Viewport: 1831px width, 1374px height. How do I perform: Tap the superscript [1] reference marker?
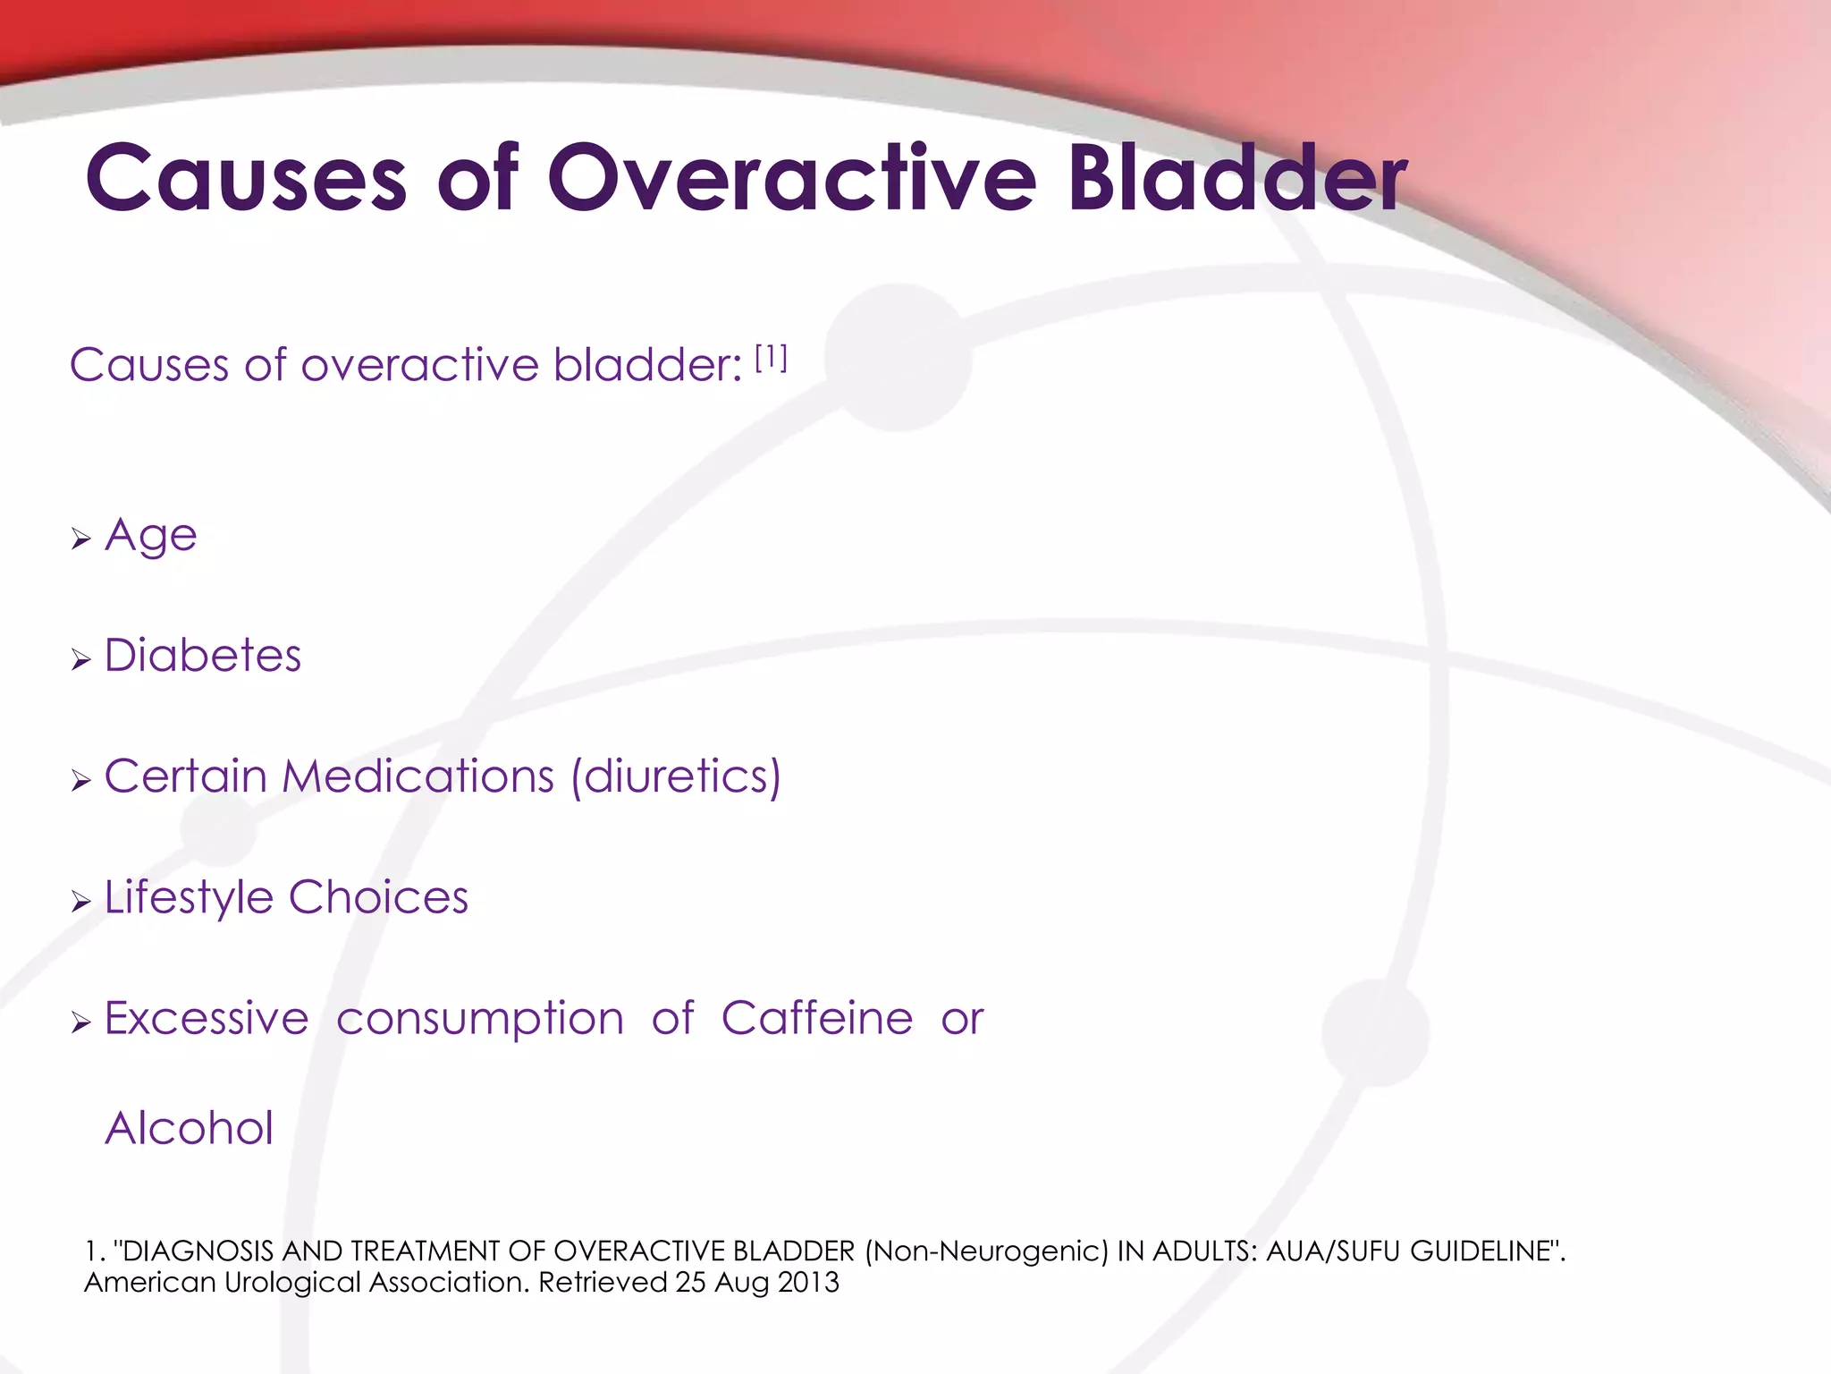click(x=771, y=359)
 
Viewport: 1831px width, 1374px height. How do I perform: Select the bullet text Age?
click(x=150, y=537)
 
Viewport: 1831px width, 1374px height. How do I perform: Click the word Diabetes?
click(x=203, y=656)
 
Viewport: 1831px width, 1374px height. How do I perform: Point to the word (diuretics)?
click(x=676, y=776)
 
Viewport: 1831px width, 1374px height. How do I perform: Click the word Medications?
click(x=418, y=776)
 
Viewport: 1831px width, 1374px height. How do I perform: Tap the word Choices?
click(x=378, y=897)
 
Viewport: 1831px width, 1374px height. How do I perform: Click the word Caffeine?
click(x=817, y=1018)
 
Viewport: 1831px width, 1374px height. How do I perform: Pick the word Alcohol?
click(x=190, y=1128)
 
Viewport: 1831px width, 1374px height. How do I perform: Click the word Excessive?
click(x=207, y=1018)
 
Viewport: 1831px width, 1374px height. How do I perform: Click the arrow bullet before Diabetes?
click(x=81, y=661)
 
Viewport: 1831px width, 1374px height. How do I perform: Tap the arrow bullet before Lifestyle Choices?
click(x=81, y=902)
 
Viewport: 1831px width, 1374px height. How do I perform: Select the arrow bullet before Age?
click(x=81, y=539)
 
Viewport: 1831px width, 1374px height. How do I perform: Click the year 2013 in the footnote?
click(x=808, y=1282)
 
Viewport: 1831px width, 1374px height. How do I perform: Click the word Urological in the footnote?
click(x=294, y=1282)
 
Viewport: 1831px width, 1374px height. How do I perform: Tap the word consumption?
click(x=480, y=1020)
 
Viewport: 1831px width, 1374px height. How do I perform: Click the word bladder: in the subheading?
click(x=647, y=365)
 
